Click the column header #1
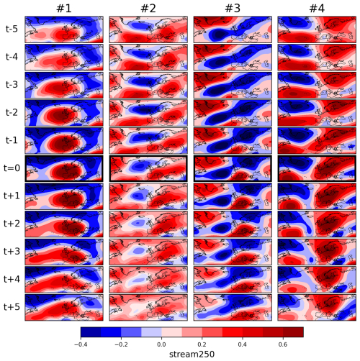coord(64,9)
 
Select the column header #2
coord(148,9)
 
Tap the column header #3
coord(233,9)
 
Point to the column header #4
coord(317,9)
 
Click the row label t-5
coord(12,29)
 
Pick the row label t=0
coord(12,168)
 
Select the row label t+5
coord(12,307)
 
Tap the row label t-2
coord(12,113)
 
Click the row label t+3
coord(12,252)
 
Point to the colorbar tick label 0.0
coord(161,344)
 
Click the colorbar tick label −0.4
coord(81,344)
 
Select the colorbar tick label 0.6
coord(283,344)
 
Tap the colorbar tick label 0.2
coord(202,344)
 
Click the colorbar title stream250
coord(192,355)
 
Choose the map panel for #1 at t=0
coord(64,168)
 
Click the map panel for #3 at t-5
coord(233,29)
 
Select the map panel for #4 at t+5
coord(317,307)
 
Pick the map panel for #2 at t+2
coord(148,224)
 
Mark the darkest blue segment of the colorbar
coord(91,332)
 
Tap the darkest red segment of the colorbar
coord(293,332)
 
